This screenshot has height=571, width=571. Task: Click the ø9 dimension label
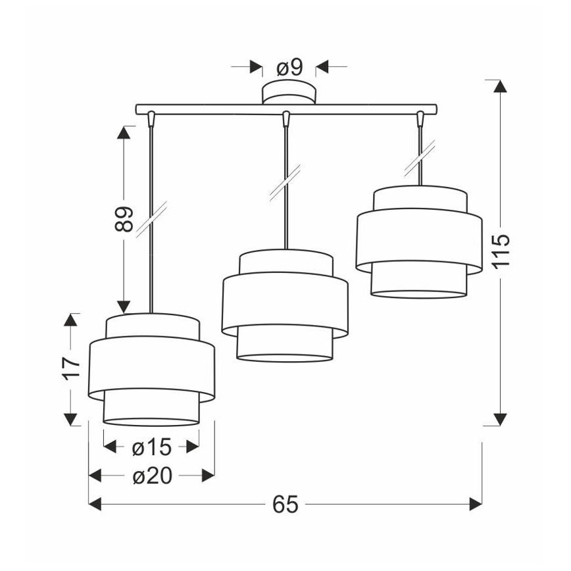289,67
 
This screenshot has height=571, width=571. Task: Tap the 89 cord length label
124,219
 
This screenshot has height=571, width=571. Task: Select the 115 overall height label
501,252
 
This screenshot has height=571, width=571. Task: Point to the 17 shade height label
71,368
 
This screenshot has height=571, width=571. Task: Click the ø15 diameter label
151,447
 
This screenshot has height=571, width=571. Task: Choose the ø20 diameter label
152,476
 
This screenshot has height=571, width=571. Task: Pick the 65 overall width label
285,505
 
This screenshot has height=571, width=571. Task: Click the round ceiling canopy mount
289,93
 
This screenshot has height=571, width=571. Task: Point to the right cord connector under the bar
420,118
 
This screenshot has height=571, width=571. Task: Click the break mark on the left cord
151,219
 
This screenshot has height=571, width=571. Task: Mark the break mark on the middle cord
285,182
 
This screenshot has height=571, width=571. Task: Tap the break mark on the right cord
420,157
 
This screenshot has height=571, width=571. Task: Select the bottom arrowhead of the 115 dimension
501,420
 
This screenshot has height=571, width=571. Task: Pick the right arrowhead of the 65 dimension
476,505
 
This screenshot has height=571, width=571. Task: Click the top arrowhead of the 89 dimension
124,133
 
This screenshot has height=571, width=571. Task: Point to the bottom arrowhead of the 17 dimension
70,420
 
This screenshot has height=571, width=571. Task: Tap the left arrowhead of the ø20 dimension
95,476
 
